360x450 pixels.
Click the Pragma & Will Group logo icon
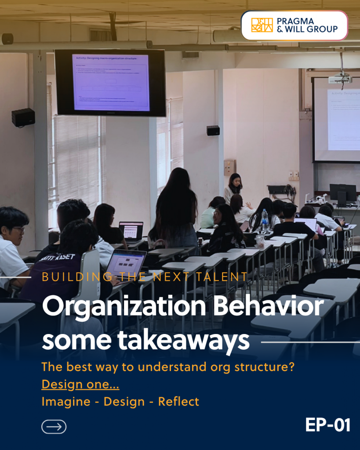[262, 25]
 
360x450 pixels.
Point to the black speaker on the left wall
[23, 117]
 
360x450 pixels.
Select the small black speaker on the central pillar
[213, 131]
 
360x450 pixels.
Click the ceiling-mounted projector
[340, 79]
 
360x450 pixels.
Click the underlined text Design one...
[80, 385]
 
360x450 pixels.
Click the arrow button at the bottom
[54, 427]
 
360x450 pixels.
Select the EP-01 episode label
[327, 425]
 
